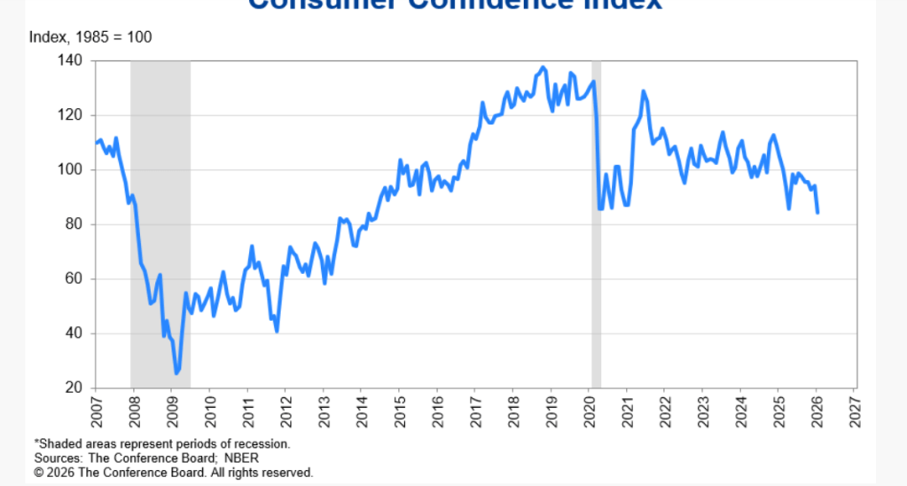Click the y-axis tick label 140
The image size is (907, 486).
[x=72, y=60]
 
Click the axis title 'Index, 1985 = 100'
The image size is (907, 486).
[x=90, y=37]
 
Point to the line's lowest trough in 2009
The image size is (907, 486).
[x=176, y=372]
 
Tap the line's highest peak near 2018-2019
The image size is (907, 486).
[x=543, y=67]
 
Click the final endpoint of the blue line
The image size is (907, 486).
[x=817, y=213]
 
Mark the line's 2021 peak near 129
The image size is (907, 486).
[x=643, y=91]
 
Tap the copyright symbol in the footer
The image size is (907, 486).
[x=39, y=474]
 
